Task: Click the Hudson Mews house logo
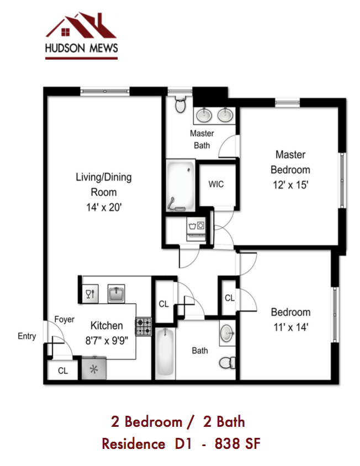[81, 28]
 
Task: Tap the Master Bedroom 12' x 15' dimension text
[290, 185]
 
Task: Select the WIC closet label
[216, 184]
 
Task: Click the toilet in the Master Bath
[180, 103]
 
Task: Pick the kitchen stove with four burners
[144, 327]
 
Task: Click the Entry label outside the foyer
[27, 336]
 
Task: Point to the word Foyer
[64, 320]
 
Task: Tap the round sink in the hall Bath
[227, 333]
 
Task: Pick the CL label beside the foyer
[63, 371]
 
